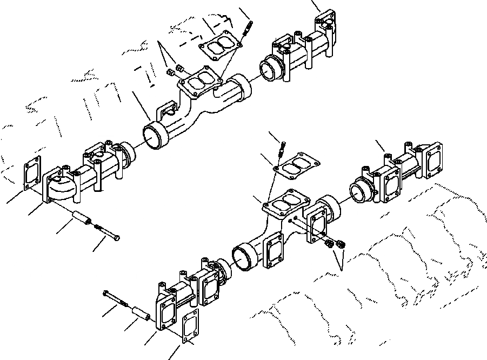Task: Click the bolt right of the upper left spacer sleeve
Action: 107,232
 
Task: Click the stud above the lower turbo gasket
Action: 282,148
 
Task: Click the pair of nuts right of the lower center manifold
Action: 335,244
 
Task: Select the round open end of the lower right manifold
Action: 358,190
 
